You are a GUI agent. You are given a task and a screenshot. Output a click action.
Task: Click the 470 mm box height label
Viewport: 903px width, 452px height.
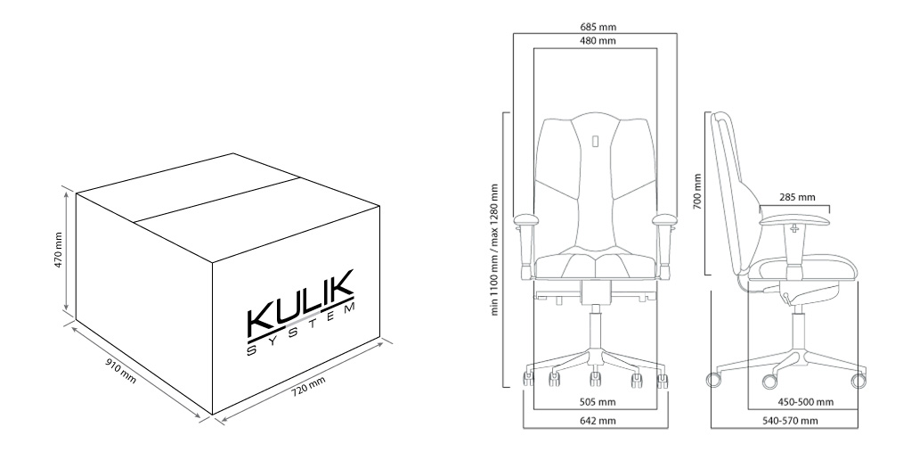(x=58, y=254)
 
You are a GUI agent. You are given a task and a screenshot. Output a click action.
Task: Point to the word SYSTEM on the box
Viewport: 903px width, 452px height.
(x=300, y=331)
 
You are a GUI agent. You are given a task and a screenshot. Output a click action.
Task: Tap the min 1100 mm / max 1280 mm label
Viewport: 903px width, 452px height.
(x=495, y=250)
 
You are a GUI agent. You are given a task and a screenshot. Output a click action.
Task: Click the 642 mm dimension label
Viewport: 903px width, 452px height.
(x=596, y=421)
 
